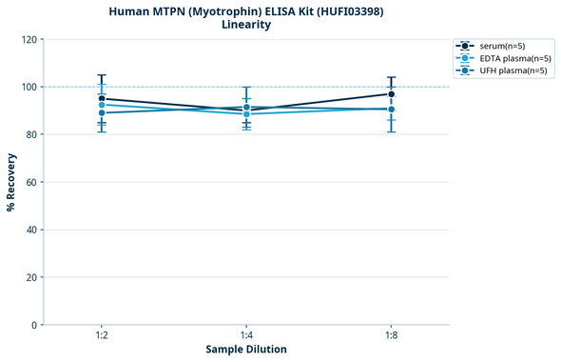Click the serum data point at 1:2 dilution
tap(102, 98)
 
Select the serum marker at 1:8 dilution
tap(391, 93)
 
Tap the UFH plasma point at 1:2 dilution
tap(102, 113)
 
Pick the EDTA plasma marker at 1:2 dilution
tap(102, 105)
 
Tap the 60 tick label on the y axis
tap(31, 182)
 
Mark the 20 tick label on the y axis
tap(31, 277)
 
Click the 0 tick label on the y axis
tap(34, 325)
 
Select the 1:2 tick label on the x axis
tap(102, 336)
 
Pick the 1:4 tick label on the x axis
tap(246, 336)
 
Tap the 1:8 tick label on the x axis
tap(391, 336)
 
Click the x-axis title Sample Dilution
tap(246, 350)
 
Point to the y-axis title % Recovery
tap(11, 181)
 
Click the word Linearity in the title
tap(246, 25)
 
